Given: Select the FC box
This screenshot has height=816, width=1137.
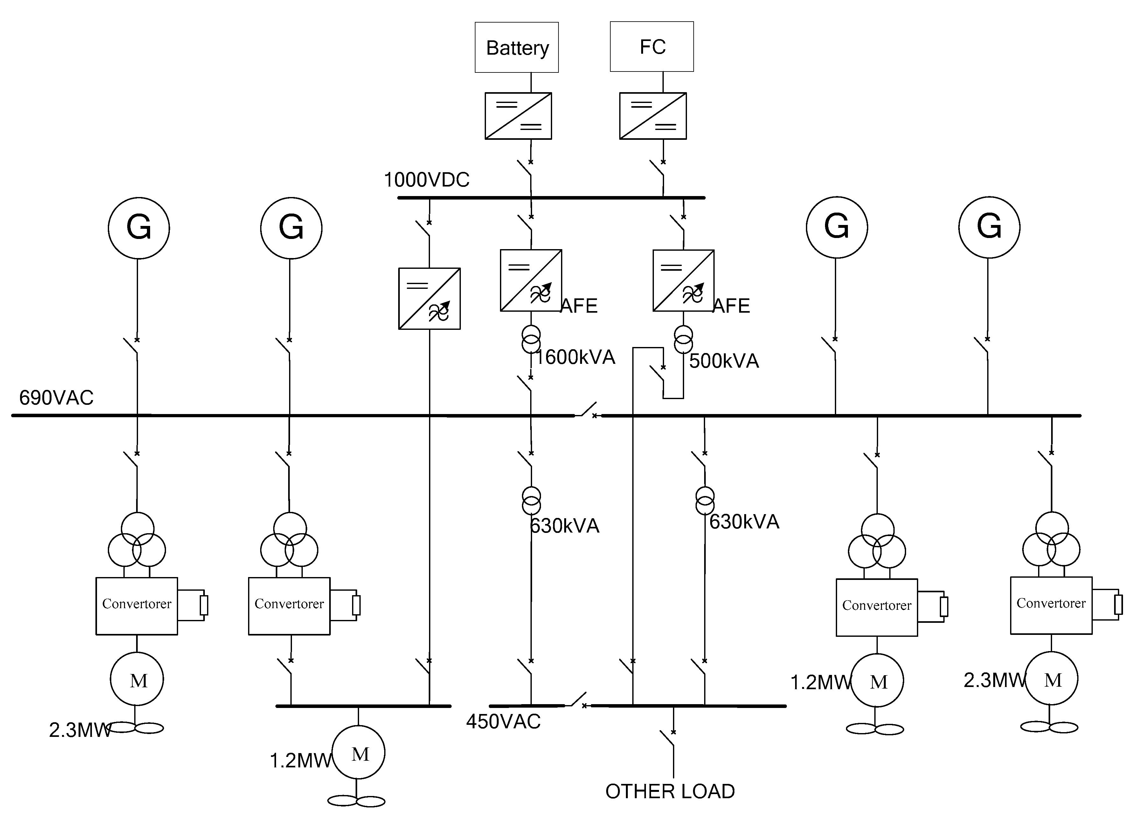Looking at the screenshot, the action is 652,47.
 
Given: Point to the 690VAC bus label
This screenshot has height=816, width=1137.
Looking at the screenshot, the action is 56,398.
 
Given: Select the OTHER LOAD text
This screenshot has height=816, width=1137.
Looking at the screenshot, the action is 670,792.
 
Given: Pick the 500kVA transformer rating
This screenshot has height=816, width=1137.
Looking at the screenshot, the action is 724,361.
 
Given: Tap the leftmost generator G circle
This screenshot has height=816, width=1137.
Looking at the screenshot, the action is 139,228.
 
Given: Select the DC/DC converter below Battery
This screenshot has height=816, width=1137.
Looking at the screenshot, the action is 518,116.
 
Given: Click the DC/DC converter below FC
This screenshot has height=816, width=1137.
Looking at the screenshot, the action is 653,116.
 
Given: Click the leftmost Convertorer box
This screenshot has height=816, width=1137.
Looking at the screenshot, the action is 137,606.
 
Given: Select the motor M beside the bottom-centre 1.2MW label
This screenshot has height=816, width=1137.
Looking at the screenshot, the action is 358,752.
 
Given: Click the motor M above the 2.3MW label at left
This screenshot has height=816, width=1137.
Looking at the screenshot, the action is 137,679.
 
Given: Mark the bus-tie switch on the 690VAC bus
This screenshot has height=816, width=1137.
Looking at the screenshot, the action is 587,410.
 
